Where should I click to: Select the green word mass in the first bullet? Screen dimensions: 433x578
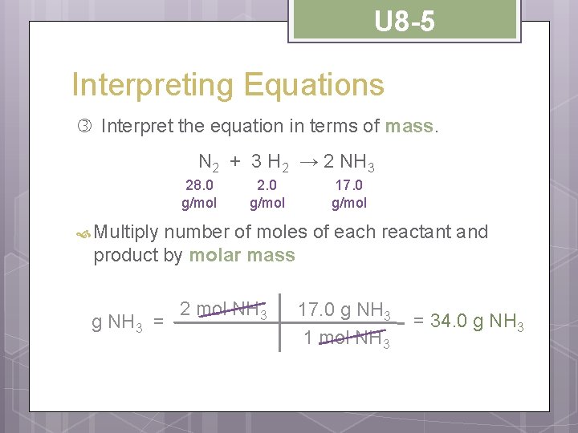tap(409, 127)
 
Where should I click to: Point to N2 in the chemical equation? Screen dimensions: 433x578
tap(209, 163)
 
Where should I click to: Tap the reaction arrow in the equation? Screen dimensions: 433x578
tap(309, 161)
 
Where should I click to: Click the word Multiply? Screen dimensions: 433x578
tap(126, 233)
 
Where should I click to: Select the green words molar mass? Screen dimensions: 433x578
tap(242, 256)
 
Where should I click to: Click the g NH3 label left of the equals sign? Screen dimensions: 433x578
tap(117, 322)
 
